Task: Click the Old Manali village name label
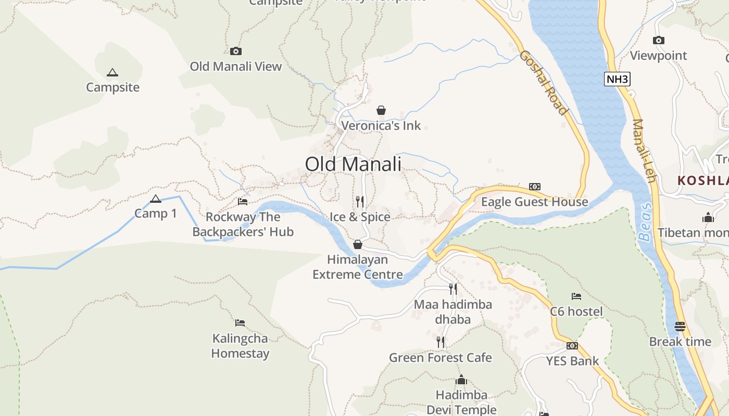353,164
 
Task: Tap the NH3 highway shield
618,79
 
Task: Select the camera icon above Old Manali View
236,51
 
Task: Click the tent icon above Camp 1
155,199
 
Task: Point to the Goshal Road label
543,82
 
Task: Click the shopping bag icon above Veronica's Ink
381,110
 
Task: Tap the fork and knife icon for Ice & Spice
360,201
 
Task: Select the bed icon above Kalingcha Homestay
240,323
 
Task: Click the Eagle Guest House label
534,202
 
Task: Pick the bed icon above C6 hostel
576,296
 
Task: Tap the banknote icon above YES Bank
572,346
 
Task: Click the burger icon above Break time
680,327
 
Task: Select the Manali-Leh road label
644,151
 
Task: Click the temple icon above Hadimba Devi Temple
461,380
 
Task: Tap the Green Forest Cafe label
441,358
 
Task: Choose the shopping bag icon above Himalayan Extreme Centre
358,244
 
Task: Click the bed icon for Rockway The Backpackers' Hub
243,201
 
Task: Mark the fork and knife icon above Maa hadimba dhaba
453,289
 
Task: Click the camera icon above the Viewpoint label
659,40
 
